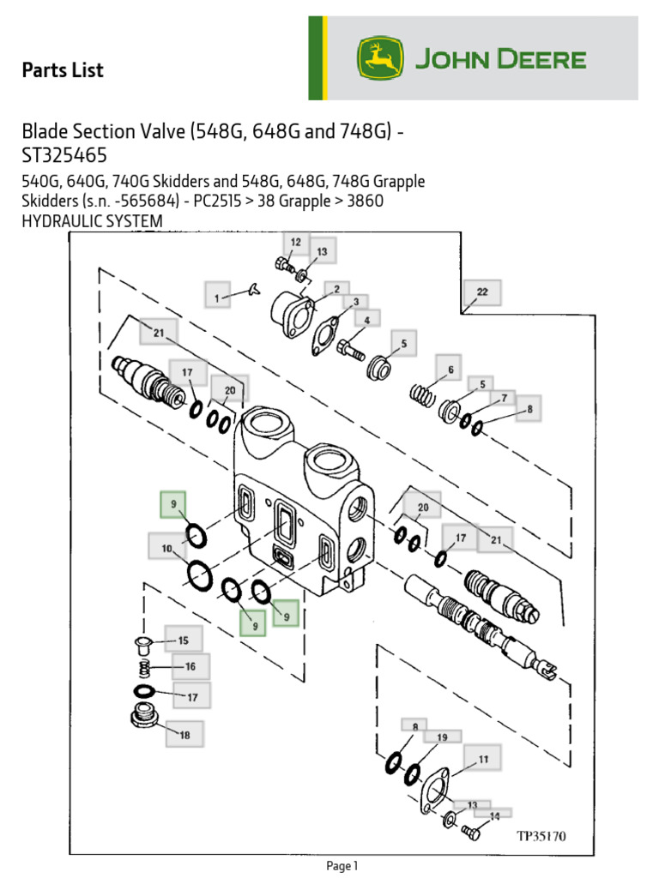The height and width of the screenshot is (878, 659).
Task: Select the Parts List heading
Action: pyautogui.click(x=63, y=70)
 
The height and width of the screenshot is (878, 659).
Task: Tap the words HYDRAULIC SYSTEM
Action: pyautogui.click(x=92, y=222)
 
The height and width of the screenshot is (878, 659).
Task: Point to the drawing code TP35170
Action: pyautogui.click(x=541, y=835)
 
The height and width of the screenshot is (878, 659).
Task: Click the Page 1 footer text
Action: pyautogui.click(x=342, y=866)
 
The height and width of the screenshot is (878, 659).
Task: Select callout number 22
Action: pyautogui.click(x=482, y=292)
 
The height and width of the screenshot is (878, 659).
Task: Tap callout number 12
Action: pyautogui.click(x=295, y=244)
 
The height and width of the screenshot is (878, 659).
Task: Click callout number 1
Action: pyautogui.click(x=218, y=298)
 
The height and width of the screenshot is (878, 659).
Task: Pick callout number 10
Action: pyautogui.click(x=166, y=547)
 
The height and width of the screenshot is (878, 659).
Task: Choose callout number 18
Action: pyautogui.click(x=185, y=734)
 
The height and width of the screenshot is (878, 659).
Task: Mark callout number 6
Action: pyautogui.click(x=448, y=370)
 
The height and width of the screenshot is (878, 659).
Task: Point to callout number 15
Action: pyautogui.click(x=184, y=640)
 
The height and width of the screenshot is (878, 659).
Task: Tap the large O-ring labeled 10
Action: pyautogui.click(x=199, y=575)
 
